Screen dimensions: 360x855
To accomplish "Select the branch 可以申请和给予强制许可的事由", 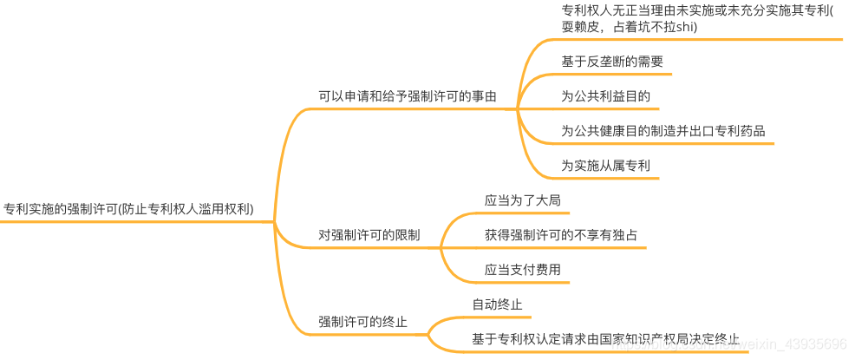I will pos(408,96).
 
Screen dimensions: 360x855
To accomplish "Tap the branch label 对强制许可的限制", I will pos(369,235).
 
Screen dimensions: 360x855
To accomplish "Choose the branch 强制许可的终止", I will pos(362,322).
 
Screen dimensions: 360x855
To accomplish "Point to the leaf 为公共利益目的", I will pos(605,96).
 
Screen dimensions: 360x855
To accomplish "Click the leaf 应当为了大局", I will pos(522,200).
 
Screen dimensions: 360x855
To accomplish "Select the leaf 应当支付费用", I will pos(522,270).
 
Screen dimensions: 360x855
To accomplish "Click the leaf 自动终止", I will pos(497,304).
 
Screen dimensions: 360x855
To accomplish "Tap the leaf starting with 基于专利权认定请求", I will pos(605,339).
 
